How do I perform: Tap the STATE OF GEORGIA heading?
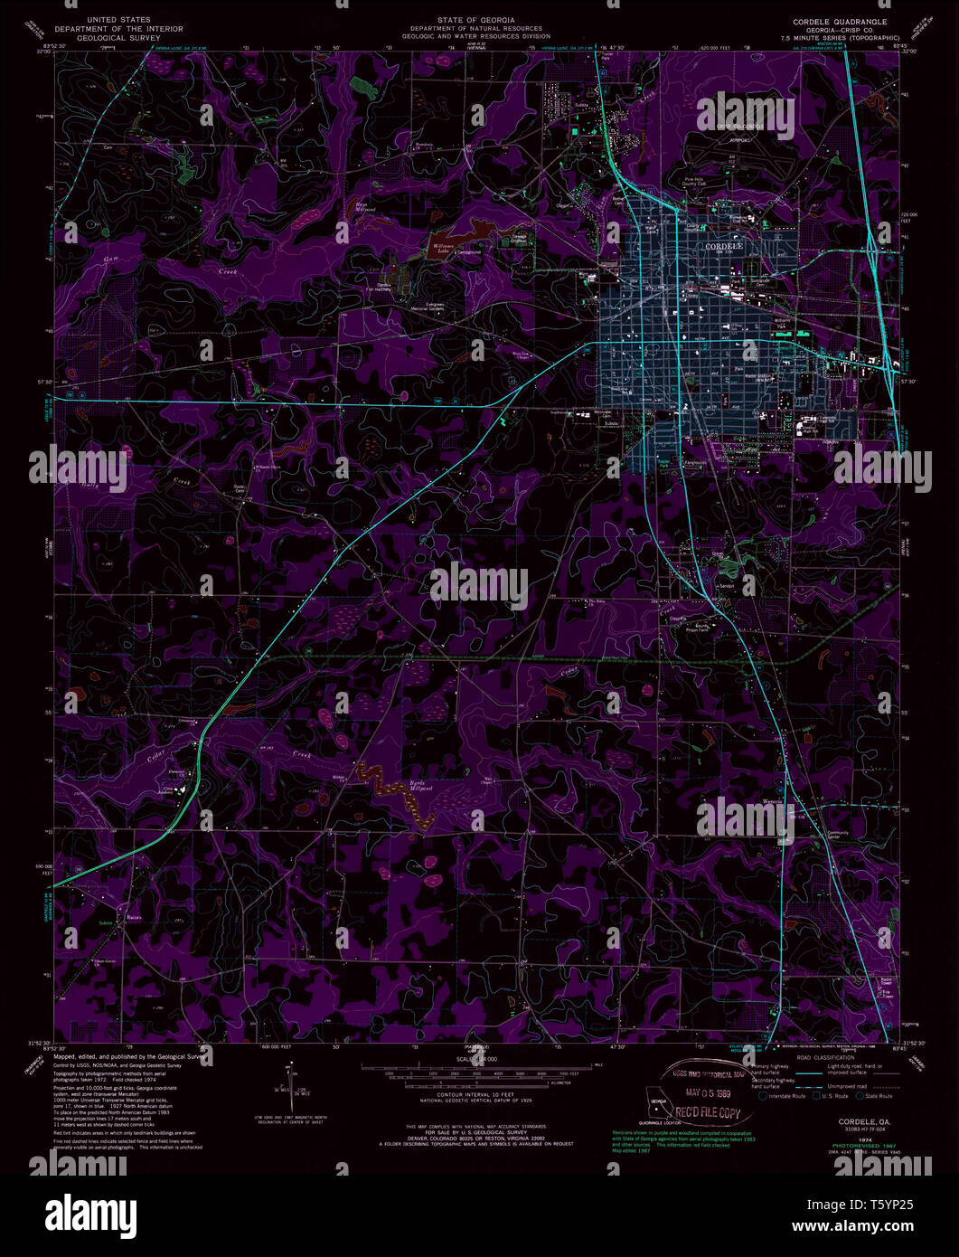(475, 20)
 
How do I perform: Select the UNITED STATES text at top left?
(118, 19)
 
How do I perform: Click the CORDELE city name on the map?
(723, 246)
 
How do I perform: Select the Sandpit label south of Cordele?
(726, 586)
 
